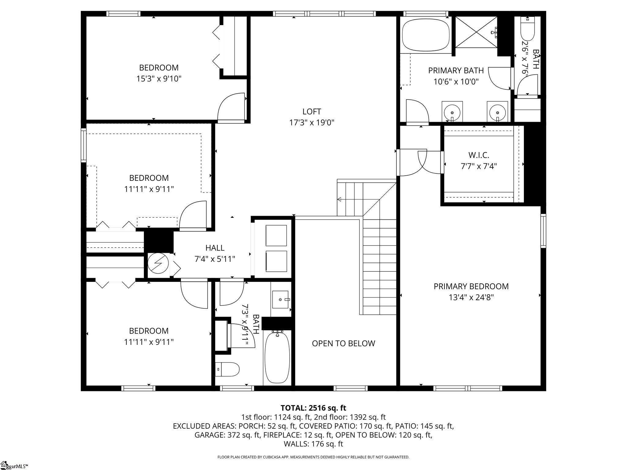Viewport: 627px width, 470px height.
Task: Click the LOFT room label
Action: [311, 111]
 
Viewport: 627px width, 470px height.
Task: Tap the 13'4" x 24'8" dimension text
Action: [471, 297]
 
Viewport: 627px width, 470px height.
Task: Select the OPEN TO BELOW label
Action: [343, 343]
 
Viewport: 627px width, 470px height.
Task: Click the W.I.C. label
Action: [479, 155]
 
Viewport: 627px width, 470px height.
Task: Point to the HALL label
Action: [215, 248]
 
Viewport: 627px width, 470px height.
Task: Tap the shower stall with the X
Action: [476, 32]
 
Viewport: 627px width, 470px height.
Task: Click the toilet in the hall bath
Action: [227, 369]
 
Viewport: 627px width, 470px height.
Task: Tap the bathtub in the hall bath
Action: [277, 358]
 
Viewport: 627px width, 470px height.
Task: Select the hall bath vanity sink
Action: [280, 300]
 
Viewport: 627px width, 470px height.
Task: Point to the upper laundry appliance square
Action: [276, 236]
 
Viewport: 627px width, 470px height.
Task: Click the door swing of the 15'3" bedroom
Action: [231, 107]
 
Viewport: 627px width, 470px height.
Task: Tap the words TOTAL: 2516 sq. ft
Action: [313, 408]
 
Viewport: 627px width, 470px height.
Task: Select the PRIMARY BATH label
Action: [456, 70]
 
